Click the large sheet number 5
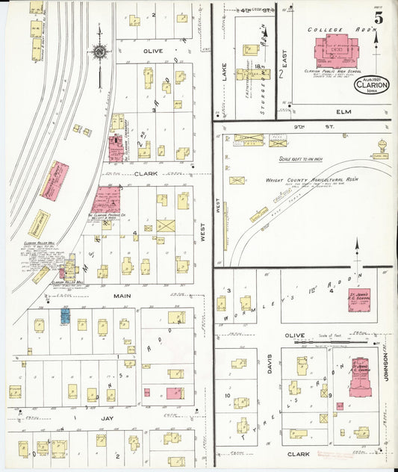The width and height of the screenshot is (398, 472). click(379, 18)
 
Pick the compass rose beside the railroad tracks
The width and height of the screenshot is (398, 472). click(99, 52)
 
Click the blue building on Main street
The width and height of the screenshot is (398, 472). click(65, 317)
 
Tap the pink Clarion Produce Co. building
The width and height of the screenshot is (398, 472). click(105, 199)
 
